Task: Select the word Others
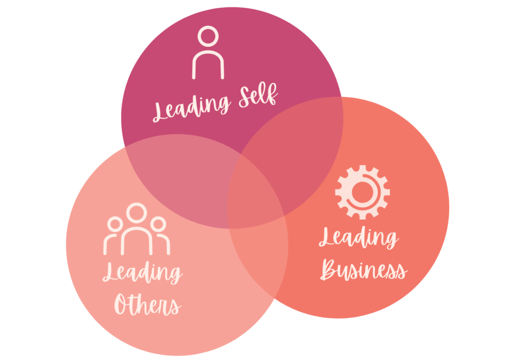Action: pyautogui.click(x=147, y=305)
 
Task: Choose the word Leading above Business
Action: pyautogui.click(x=358, y=238)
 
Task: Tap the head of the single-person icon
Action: pyautogui.click(x=208, y=38)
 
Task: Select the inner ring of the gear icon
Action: pyautogui.click(x=362, y=192)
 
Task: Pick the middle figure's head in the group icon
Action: pyautogui.click(x=137, y=212)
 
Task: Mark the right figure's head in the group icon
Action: pyautogui.click(x=159, y=224)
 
